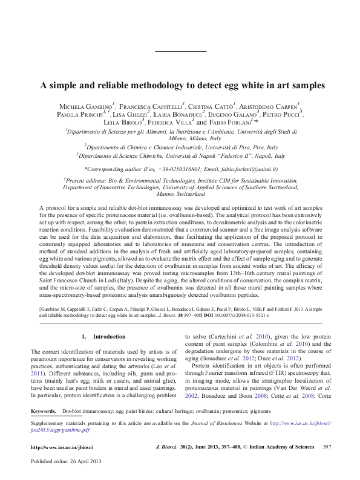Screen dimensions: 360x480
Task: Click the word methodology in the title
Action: (x=155, y=85)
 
